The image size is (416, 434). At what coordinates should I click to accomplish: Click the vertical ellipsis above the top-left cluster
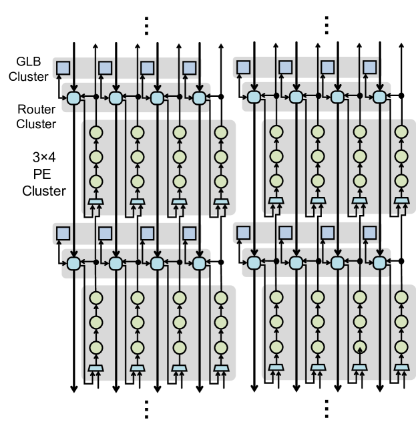pos(148,23)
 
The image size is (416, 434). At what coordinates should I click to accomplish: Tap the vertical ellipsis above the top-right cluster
pos(327,23)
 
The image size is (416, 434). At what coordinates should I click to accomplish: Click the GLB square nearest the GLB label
pos(63,67)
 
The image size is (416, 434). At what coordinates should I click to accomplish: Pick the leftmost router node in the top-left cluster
pos(74,97)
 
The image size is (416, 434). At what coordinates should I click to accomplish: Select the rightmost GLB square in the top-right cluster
pos(370,67)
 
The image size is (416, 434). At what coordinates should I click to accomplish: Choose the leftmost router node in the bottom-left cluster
pos(74,263)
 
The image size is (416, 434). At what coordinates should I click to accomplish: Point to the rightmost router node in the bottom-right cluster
pos(379,263)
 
